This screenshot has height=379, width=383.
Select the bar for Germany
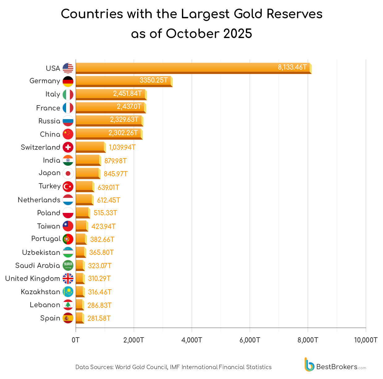pos(124,81)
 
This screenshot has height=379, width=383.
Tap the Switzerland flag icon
pos(68,147)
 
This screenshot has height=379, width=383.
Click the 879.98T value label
pos(116,161)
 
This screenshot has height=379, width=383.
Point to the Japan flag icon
pos(68,173)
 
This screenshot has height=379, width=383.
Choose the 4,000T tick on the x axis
pos(192,340)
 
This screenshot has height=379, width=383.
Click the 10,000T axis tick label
pos(366,340)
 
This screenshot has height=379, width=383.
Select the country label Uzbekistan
pos(41,252)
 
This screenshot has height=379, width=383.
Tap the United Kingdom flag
pos(68,278)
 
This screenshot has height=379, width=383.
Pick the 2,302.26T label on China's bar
pos(123,133)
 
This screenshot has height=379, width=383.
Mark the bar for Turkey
pos(84,186)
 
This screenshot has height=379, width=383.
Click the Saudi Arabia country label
pos(38,265)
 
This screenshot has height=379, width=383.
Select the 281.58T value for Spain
pos(99,318)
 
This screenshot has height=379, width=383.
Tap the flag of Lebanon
pos(68,305)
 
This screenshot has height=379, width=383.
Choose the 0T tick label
pos(76,340)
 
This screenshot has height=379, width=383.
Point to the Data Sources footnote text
pos(173,367)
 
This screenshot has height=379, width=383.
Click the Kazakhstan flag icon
pos(68,292)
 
